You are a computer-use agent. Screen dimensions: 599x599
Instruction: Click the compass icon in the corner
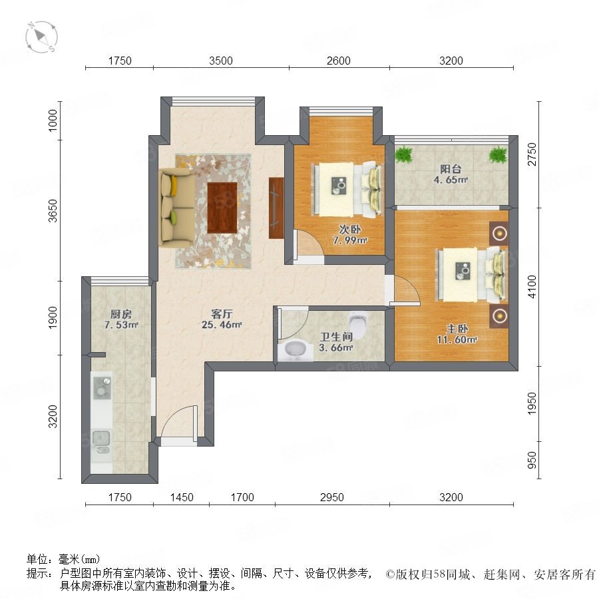click(x=41, y=37)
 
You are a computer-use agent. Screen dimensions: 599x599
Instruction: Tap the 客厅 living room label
click(x=222, y=314)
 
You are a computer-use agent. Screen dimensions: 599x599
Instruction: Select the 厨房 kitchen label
click(x=120, y=314)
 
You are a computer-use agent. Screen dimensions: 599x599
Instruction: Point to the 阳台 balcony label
click(x=451, y=169)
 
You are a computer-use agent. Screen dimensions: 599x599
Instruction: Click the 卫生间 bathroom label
click(x=336, y=337)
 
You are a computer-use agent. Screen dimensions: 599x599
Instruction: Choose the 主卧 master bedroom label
click(x=457, y=329)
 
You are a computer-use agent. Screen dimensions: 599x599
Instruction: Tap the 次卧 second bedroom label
click(x=350, y=229)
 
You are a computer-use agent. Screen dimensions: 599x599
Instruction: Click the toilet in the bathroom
click(x=358, y=322)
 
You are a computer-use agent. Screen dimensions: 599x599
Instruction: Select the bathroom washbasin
click(x=296, y=349)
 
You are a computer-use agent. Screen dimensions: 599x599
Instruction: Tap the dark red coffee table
click(x=222, y=208)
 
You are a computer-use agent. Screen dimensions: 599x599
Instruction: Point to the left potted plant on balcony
click(x=404, y=154)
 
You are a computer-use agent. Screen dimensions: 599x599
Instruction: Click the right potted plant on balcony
click(x=498, y=154)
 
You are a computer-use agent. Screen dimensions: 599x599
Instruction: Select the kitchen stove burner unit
click(x=102, y=387)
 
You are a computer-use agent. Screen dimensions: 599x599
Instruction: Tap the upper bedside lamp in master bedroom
click(x=499, y=233)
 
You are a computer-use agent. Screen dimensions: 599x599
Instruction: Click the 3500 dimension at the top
click(x=221, y=61)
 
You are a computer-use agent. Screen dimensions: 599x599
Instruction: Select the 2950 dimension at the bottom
click(x=332, y=497)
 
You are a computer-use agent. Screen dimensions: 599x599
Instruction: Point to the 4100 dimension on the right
click(x=532, y=286)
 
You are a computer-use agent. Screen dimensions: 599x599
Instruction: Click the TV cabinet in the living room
click(x=276, y=208)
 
